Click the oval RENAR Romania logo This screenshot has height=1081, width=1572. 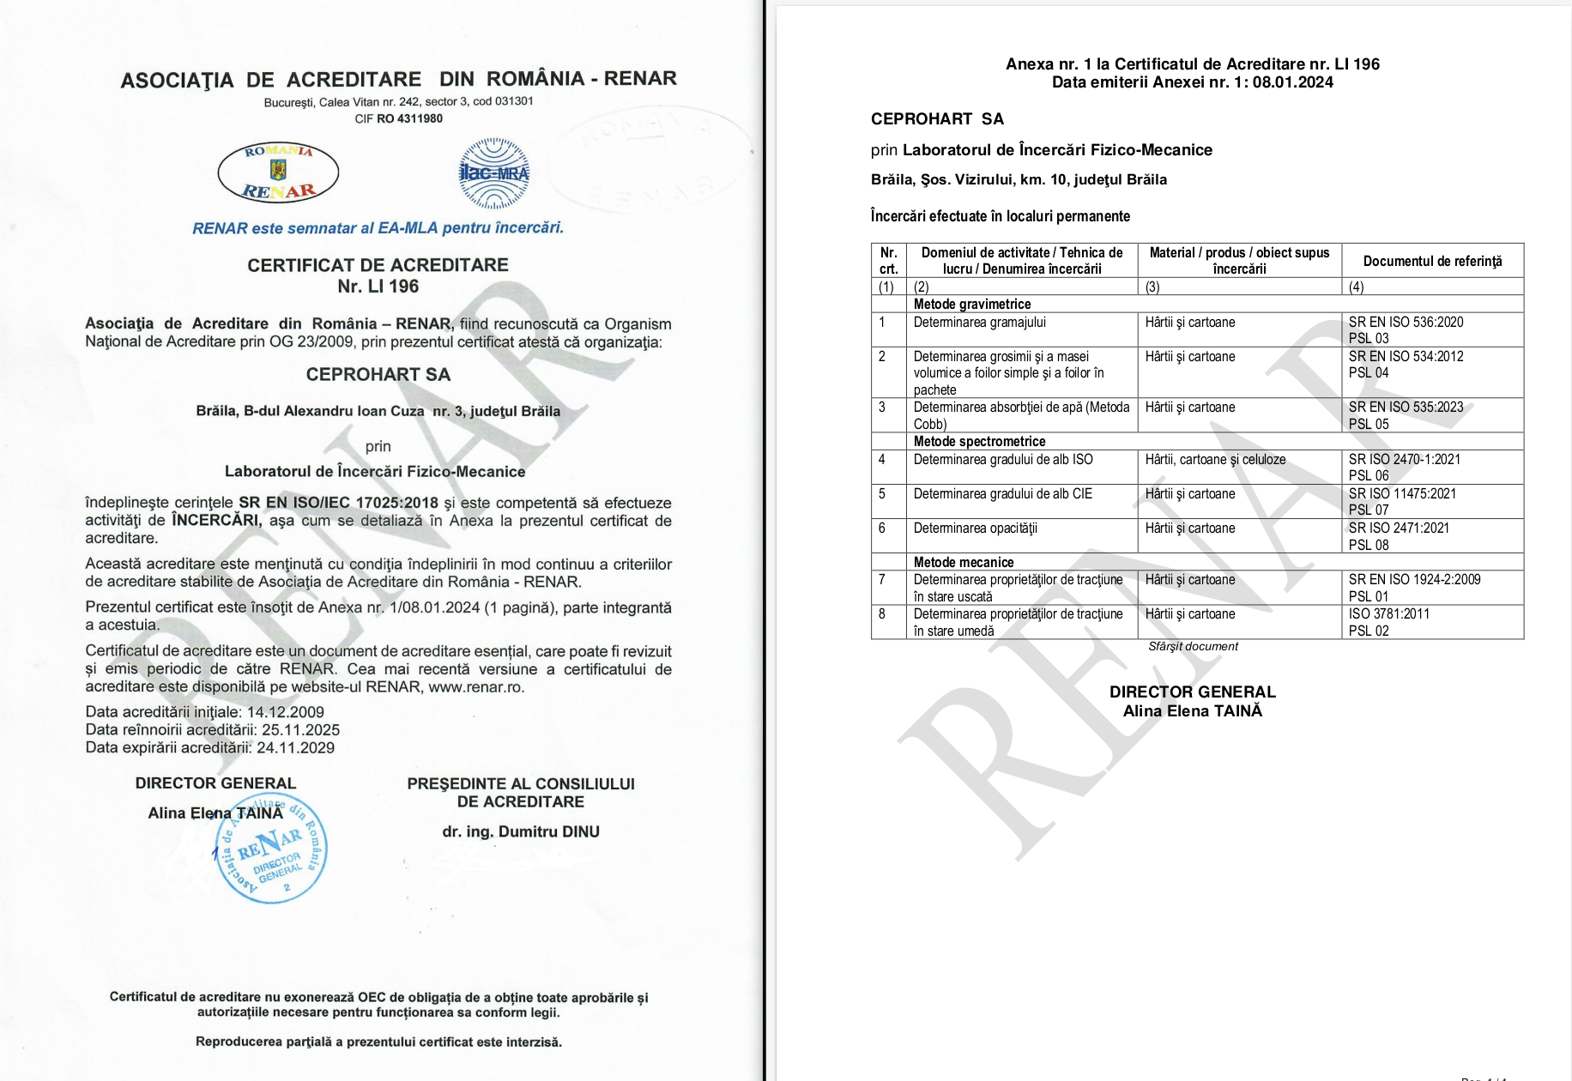[278, 172]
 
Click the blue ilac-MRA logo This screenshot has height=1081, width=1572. [494, 173]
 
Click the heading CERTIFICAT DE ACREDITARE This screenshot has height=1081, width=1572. [378, 265]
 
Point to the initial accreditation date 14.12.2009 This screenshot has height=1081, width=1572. [285, 712]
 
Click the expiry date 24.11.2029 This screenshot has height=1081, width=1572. [295, 747]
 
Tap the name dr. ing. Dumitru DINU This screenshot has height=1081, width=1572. [521, 831]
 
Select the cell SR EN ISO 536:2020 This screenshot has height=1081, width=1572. [1406, 322]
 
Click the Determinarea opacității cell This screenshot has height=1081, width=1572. [975, 528]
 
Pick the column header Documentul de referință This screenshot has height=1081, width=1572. [1432, 261]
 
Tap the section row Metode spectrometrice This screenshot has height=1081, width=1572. [979, 441]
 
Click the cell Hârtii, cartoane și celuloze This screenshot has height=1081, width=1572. [1215, 459]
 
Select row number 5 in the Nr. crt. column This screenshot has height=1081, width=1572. [881, 494]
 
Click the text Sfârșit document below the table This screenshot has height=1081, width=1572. [1193, 646]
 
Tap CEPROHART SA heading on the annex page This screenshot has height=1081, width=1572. [937, 118]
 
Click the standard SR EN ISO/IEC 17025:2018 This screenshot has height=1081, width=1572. [338, 503]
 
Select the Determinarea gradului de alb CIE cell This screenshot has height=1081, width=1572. [1002, 494]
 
